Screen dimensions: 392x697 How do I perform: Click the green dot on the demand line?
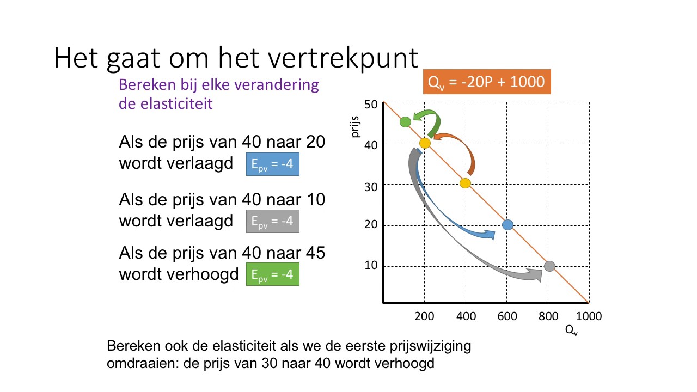405,122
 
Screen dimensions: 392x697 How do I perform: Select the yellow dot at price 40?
425,143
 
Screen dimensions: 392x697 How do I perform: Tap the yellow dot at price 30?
465,183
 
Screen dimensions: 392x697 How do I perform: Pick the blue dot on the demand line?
508,224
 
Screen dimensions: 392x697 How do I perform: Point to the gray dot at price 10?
549,266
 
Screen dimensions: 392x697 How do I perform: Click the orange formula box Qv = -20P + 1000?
487,82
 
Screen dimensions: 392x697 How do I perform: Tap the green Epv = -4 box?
272,275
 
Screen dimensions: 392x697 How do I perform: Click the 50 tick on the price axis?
371,104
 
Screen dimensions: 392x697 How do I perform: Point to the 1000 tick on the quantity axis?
588,316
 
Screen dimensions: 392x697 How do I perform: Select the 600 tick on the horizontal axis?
507,316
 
